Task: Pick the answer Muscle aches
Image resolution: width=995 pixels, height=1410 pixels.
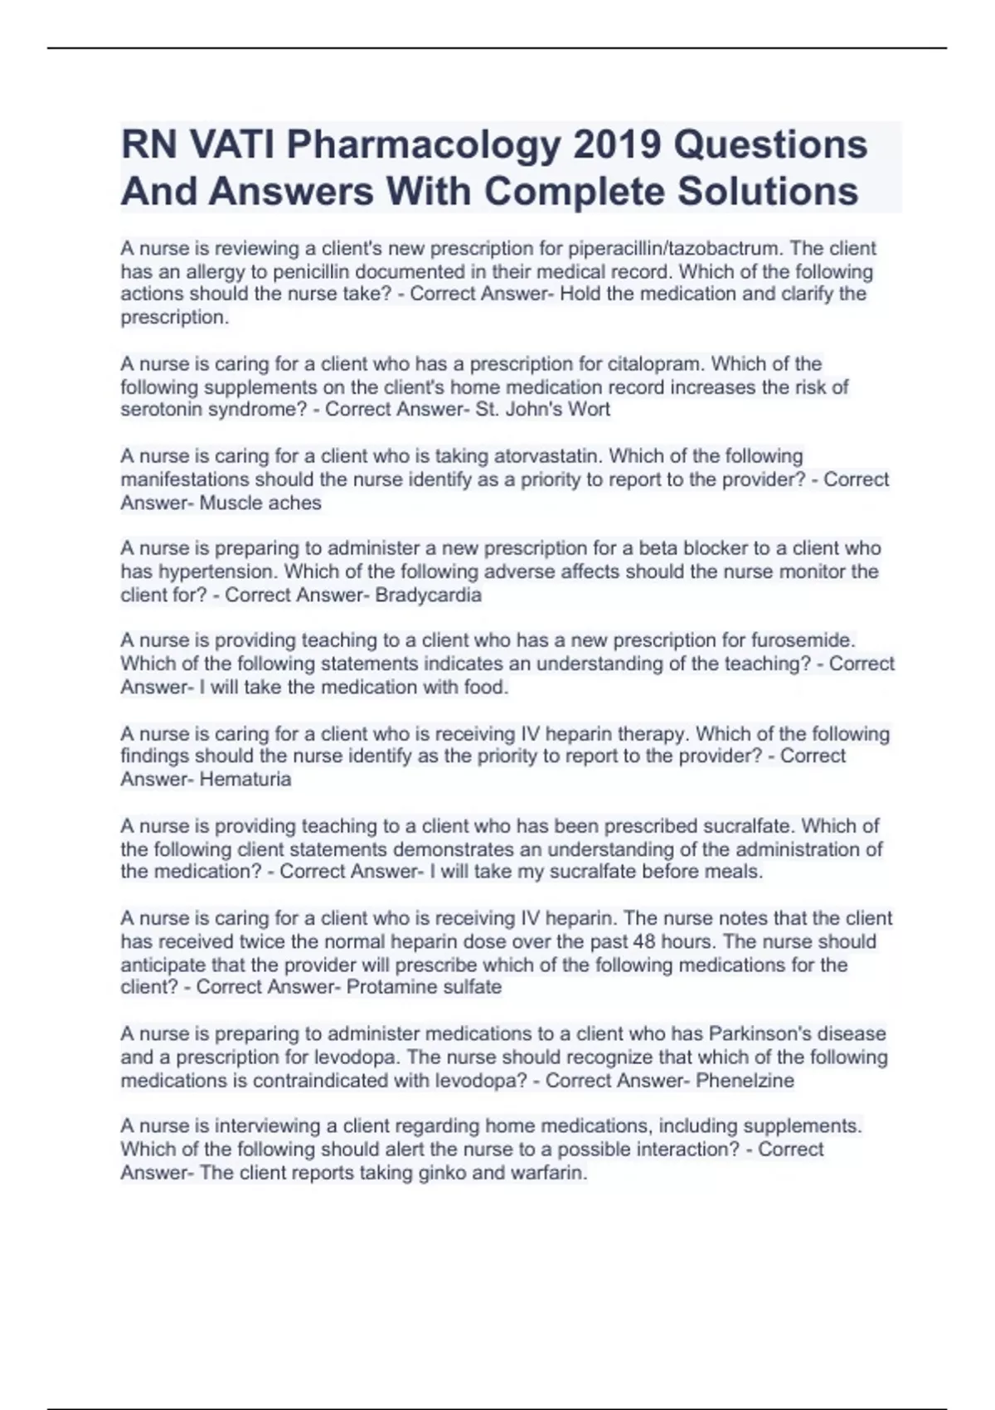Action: (260, 503)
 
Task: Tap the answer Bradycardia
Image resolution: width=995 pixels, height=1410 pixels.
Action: (428, 595)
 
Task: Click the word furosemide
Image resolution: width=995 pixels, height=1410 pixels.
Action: (802, 640)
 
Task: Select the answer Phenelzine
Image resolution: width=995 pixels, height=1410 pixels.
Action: (745, 1081)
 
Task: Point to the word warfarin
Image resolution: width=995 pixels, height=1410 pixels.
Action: (548, 1173)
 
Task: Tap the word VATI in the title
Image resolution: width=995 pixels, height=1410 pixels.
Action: (232, 145)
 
